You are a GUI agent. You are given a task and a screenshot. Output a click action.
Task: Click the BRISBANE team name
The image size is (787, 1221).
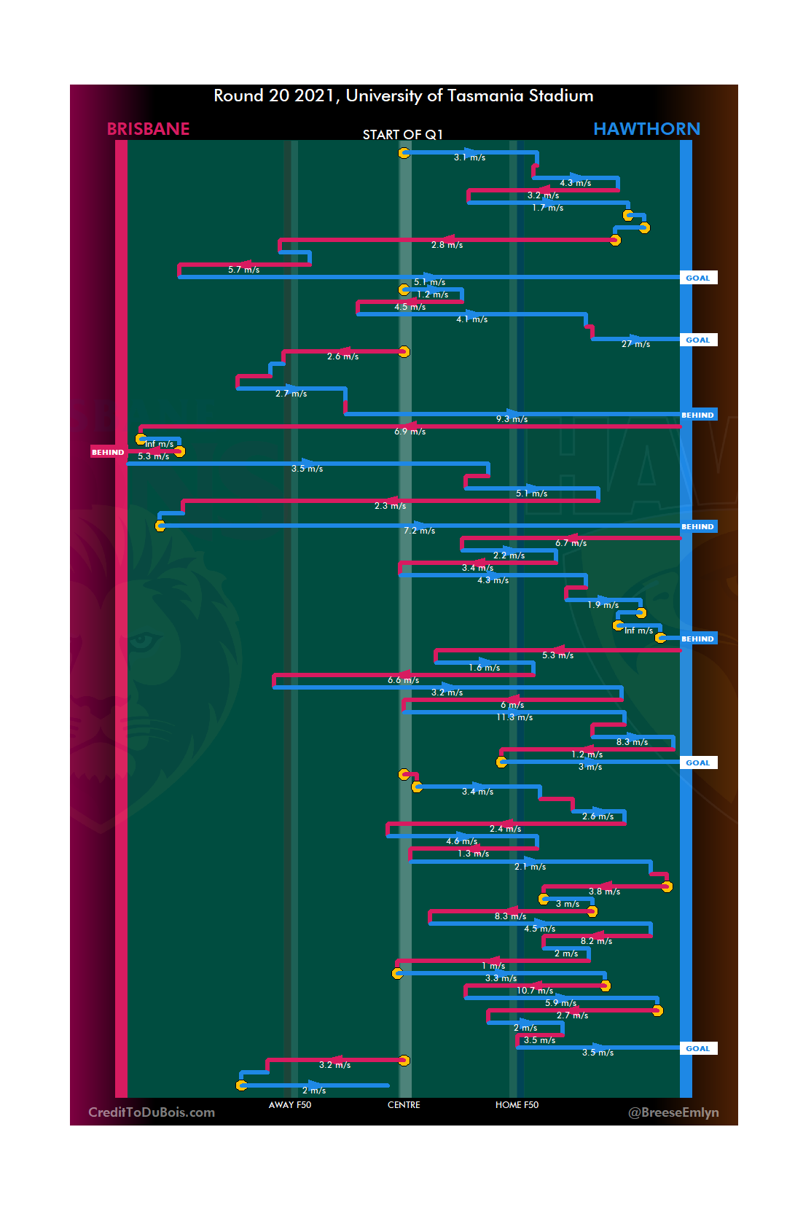[148, 129]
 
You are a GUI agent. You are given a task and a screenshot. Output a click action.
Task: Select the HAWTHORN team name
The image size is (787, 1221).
[646, 129]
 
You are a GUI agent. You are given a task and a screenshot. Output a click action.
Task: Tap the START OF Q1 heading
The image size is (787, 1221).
[402, 134]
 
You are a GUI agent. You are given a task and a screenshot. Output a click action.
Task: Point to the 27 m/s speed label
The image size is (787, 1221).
[635, 344]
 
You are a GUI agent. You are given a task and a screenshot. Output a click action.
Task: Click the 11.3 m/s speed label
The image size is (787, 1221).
[514, 717]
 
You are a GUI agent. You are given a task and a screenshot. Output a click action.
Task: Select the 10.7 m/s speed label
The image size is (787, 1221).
[535, 991]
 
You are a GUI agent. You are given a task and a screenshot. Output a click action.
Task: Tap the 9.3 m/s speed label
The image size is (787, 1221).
[512, 419]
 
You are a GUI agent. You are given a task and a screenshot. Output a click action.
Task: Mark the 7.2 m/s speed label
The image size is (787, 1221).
[419, 531]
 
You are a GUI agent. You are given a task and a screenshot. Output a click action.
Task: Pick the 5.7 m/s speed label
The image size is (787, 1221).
[243, 270]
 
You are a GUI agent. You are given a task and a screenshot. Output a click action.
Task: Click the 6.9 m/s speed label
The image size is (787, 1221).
[410, 432]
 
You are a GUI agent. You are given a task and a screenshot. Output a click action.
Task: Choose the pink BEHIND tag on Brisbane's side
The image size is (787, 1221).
[108, 452]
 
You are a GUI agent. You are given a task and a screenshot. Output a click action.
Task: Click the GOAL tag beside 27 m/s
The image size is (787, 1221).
[697, 340]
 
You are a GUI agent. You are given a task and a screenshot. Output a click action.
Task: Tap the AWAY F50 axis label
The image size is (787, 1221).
[289, 1105]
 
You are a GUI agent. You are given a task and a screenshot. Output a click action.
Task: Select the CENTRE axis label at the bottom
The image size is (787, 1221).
[404, 1105]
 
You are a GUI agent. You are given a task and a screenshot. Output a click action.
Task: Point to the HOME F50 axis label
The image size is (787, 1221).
[517, 1105]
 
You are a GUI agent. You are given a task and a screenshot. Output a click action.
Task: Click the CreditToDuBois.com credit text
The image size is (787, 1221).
[152, 1112]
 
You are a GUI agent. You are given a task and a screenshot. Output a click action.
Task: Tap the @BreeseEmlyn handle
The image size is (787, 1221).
[673, 1112]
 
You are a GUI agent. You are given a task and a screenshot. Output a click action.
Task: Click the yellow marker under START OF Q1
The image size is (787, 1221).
[404, 152]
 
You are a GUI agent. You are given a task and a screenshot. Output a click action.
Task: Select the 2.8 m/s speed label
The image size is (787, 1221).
[447, 245]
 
